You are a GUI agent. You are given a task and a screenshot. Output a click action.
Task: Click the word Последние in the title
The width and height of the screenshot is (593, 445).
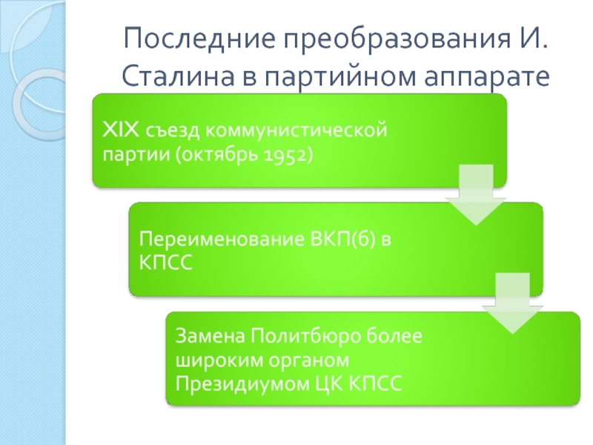coord(199,39)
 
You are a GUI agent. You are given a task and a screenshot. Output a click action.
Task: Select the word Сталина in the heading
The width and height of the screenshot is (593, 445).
coord(178,76)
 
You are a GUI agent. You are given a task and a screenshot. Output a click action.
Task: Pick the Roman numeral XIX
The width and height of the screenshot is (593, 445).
coord(121,130)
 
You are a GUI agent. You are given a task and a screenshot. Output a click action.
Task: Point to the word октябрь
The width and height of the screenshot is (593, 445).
coord(220,154)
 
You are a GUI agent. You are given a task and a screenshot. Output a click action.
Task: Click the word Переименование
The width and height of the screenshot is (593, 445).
coord(222,240)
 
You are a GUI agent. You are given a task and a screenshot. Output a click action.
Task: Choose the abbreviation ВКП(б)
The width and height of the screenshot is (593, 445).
coord(342,240)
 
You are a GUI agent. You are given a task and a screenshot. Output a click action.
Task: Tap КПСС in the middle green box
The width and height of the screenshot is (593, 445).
coord(165,262)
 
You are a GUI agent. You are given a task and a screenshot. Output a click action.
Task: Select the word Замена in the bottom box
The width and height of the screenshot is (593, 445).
coord(211,336)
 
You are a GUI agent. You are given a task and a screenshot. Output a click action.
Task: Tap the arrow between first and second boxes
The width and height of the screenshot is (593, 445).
coord(476,195)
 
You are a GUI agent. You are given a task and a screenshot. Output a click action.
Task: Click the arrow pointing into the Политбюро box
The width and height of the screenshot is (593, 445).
coord(512,303)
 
